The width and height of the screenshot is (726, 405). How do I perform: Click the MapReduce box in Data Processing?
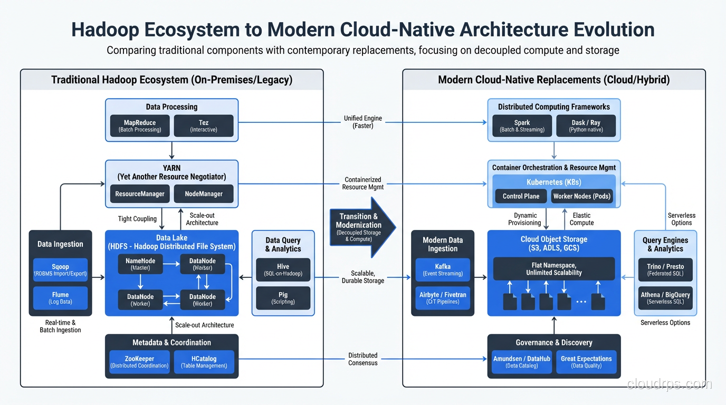coord(140,126)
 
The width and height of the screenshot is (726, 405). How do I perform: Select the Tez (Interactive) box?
coord(204,126)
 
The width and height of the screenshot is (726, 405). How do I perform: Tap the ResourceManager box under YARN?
coord(140,194)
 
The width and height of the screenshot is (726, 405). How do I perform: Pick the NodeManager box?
coord(204,194)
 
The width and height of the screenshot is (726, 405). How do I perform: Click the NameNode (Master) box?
coord(140,264)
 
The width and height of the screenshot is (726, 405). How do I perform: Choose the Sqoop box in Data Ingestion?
coord(60,270)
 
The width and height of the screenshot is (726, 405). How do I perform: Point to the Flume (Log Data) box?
coord(60,298)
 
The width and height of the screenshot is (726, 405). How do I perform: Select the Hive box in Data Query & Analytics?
coord(283,270)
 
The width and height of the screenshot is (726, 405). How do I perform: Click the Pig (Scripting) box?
coord(283,298)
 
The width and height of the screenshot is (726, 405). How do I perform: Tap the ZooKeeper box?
coord(139,362)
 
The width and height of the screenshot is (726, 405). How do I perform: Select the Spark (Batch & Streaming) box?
coord(522,126)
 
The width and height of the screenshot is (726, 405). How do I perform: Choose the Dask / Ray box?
coord(586,126)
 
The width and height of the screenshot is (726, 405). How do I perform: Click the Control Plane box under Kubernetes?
coord(521,196)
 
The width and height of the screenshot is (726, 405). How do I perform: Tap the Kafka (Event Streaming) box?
coord(443,270)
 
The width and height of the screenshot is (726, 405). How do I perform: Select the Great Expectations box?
coord(586,362)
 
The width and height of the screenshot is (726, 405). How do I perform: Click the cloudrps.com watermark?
coord(669,384)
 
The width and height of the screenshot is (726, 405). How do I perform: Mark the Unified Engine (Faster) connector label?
coord(363,122)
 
